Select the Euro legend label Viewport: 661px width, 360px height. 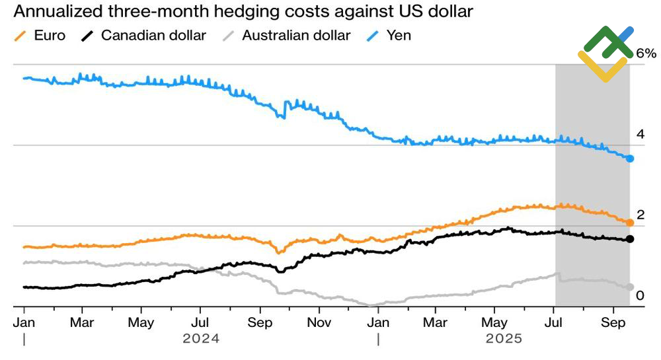point(50,35)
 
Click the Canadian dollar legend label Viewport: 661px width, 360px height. point(153,35)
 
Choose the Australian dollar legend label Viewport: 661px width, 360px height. point(296,35)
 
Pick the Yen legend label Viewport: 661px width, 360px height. point(398,35)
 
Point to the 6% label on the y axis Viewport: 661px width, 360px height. point(646,54)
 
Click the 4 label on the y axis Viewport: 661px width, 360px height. point(640,134)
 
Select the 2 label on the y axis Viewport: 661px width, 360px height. point(640,215)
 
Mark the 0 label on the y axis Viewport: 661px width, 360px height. point(640,295)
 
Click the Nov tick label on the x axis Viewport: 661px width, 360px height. point(319,324)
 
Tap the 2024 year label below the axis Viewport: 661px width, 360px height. point(200,339)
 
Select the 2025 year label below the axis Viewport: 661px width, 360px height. point(504,339)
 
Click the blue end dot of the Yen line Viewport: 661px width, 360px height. point(630,159)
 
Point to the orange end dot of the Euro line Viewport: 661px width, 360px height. point(630,223)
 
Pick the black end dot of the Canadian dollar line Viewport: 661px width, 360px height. point(630,239)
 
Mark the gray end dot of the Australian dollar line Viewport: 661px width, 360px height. point(630,287)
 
